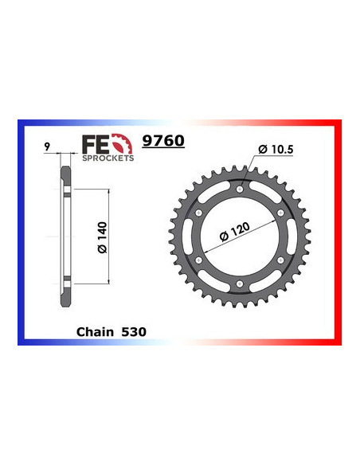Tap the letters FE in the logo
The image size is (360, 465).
93,143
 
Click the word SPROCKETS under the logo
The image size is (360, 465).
107,157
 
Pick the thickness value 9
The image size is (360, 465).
49,147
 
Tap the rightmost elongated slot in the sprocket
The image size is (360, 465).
294,236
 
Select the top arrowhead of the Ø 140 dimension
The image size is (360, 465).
108,192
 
